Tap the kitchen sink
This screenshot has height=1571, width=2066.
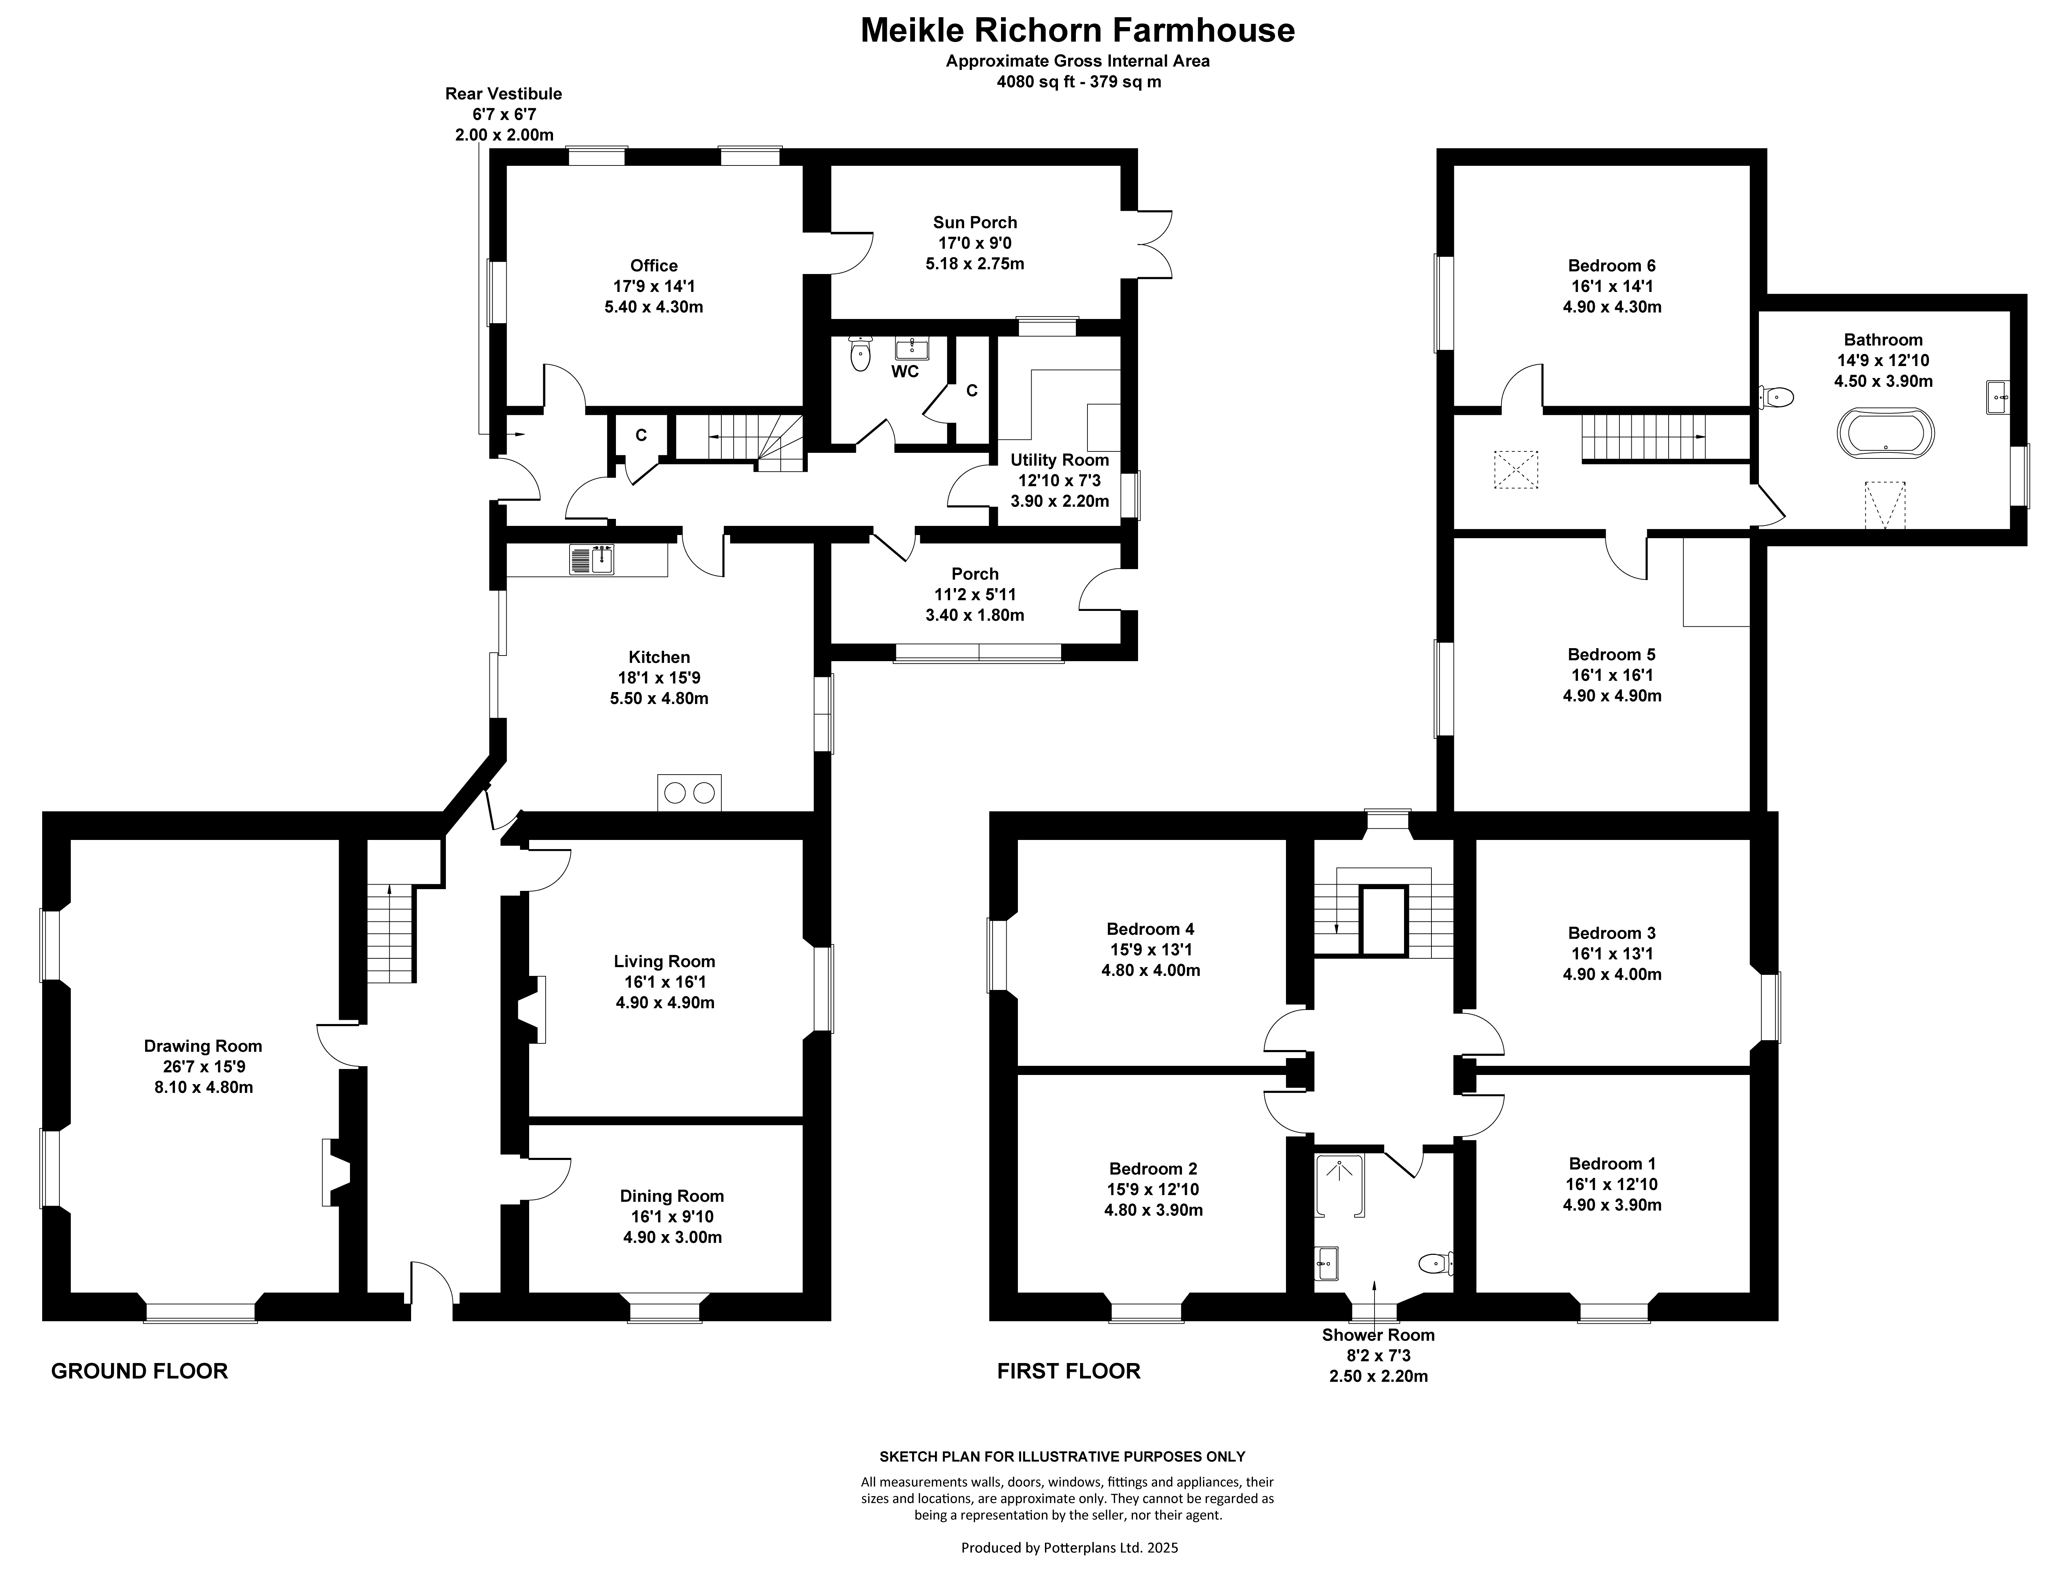point(591,559)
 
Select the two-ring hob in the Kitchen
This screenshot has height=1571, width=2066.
point(689,793)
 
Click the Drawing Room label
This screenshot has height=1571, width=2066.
point(203,1047)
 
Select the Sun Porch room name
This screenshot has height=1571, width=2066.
point(975,223)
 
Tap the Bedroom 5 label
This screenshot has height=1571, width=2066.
point(1611,654)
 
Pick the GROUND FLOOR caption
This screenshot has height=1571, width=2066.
point(139,1371)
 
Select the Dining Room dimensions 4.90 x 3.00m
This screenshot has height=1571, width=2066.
point(673,1237)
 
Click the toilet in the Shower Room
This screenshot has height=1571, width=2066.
point(1436,1263)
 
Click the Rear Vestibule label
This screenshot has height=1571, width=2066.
point(503,93)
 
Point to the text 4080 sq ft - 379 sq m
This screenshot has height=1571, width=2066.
point(1078,82)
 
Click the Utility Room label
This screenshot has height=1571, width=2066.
point(1060,460)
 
